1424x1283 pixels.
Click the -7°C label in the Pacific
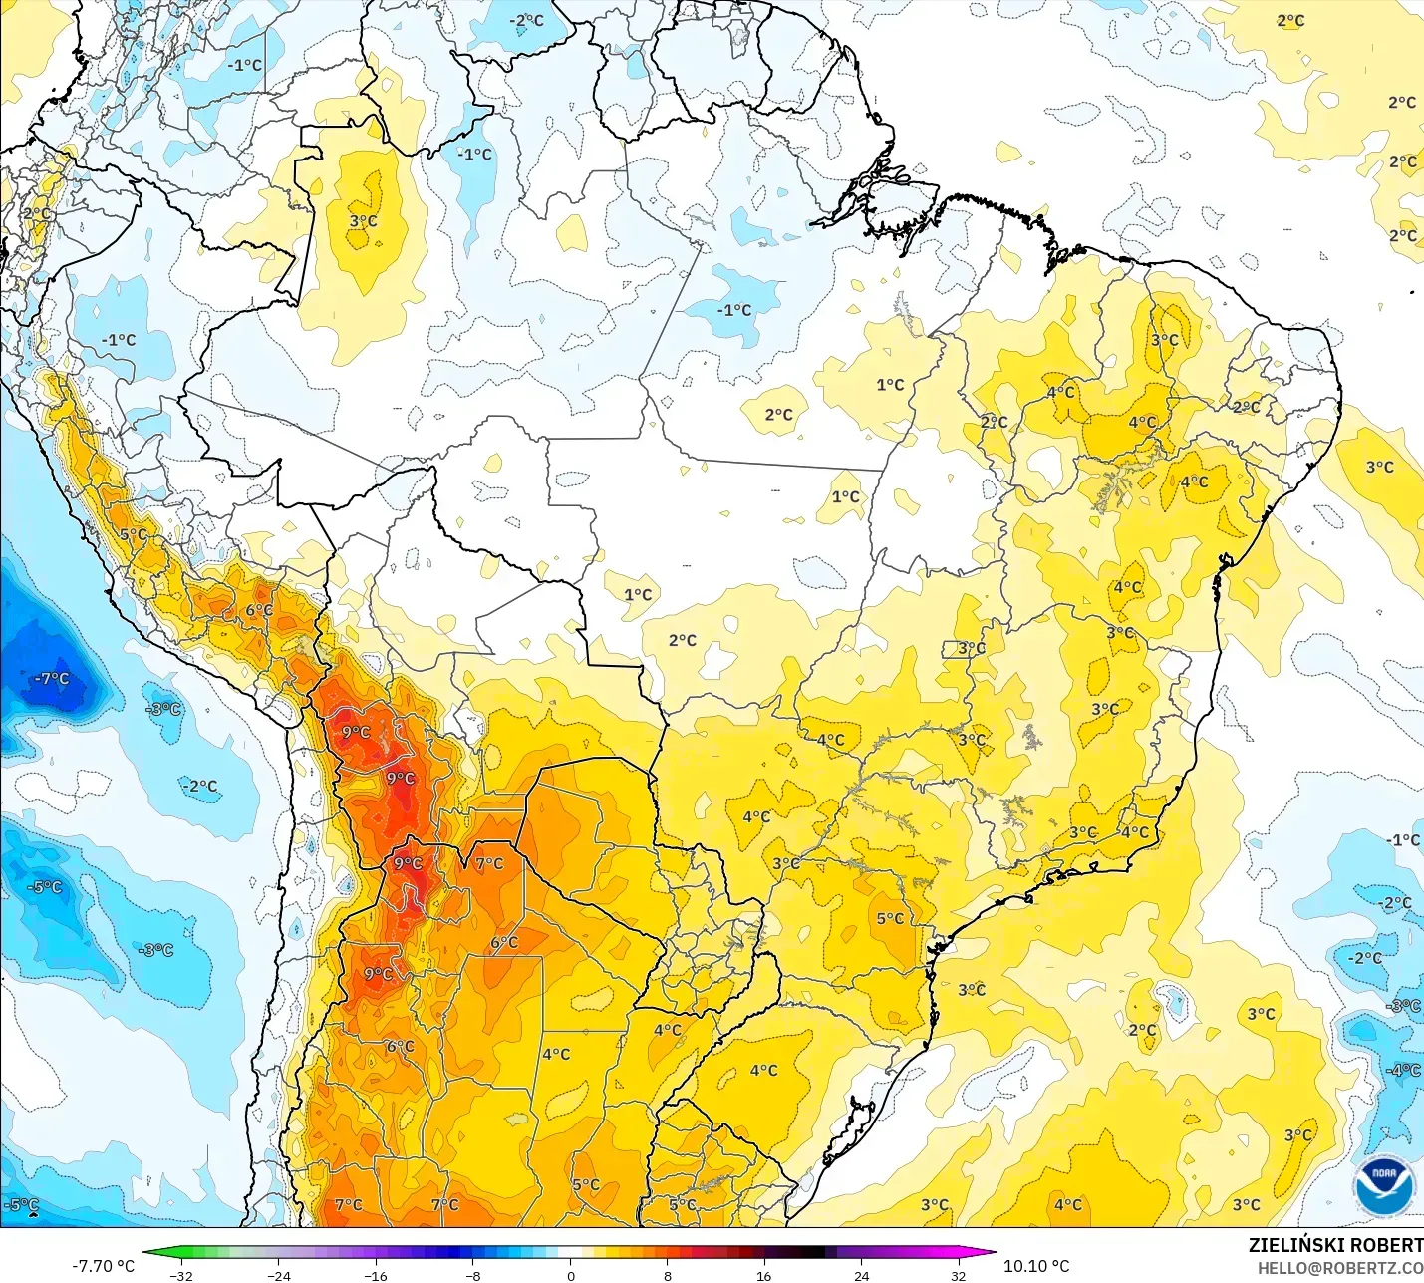click(52, 679)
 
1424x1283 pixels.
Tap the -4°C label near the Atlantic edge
click(1403, 1070)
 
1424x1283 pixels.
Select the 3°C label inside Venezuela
click(363, 220)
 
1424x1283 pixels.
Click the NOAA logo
click(1384, 1185)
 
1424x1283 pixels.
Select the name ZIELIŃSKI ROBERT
click(1335, 1245)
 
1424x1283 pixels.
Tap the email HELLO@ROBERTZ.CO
click(1339, 1268)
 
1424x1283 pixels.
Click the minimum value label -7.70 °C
click(103, 1266)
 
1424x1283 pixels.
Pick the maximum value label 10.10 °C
click(1036, 1266)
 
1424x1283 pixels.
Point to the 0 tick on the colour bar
click(570, 1275)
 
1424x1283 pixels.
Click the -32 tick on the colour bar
click(180, 1275)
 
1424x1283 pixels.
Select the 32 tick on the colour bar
click(958, 1275)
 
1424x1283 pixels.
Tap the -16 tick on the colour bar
click(375, 1275)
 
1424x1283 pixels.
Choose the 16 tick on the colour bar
click(763, 1275)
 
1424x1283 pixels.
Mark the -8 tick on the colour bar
click(472, 1275)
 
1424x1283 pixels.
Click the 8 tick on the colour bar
click(667, 1275)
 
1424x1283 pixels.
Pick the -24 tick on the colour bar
click(278, 1275)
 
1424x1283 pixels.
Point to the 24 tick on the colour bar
click(861, 1275)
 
